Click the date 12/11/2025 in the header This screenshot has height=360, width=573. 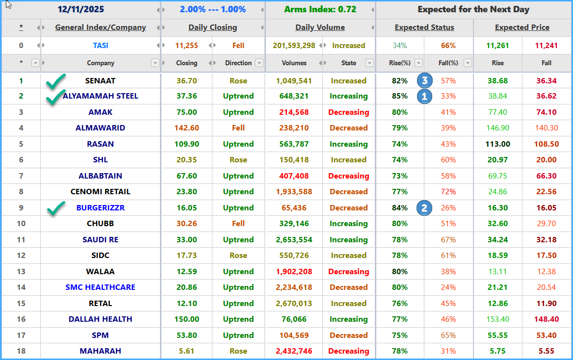(x=81, y=9)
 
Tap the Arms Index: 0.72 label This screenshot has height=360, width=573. (x=320, y=9)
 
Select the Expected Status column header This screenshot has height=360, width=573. (x=424, y=27)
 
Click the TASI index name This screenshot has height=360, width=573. (x=101, y=45)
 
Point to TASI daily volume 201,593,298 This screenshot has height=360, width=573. (x=294, y=45)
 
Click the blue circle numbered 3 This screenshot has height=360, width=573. (x=424, y=80)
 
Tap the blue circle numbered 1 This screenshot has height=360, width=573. (x=424, y=96)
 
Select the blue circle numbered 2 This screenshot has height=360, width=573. (x=424, y=208)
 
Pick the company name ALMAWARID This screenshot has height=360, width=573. (x=101, y=128)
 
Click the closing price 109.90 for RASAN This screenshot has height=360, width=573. (x=187, y=144)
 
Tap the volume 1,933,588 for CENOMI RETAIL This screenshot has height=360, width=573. (x=294, y=191)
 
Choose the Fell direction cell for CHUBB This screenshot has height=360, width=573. (x=238, y=223)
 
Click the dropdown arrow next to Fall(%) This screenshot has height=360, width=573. (x=468, y=63)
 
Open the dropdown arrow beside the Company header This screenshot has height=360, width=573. (x=155, y=63)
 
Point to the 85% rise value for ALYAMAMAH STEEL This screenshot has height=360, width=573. (x=399, y=96)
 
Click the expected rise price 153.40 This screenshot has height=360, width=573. (x=498, y=319)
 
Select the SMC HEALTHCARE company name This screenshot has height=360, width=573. (x=101, y=287)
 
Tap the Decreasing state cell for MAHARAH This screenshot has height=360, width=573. (x=349, y=351)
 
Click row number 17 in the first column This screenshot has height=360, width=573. (x=21, y=335)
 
